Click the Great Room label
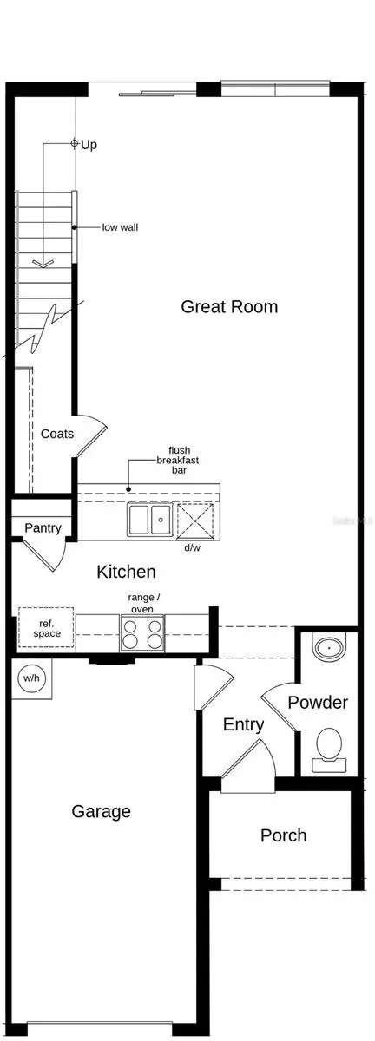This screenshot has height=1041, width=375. [x=229, y=306]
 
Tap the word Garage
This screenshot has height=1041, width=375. [x=102, y=811]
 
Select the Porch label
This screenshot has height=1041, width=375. [x=283, y=835]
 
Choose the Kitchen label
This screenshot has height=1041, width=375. [x=126, y=571]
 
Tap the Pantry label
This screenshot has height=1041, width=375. [x=43, y=527]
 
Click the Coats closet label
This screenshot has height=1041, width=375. [x=57, y=434]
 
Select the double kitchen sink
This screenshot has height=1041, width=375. [x=149, y=520]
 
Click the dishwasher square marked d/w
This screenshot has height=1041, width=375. [x=194, y=520]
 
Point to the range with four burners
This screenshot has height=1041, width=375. [x=141, y=633]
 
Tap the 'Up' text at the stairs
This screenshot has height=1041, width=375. [x=89, y=145]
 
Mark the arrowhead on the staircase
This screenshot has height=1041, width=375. [x=42, y=260]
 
